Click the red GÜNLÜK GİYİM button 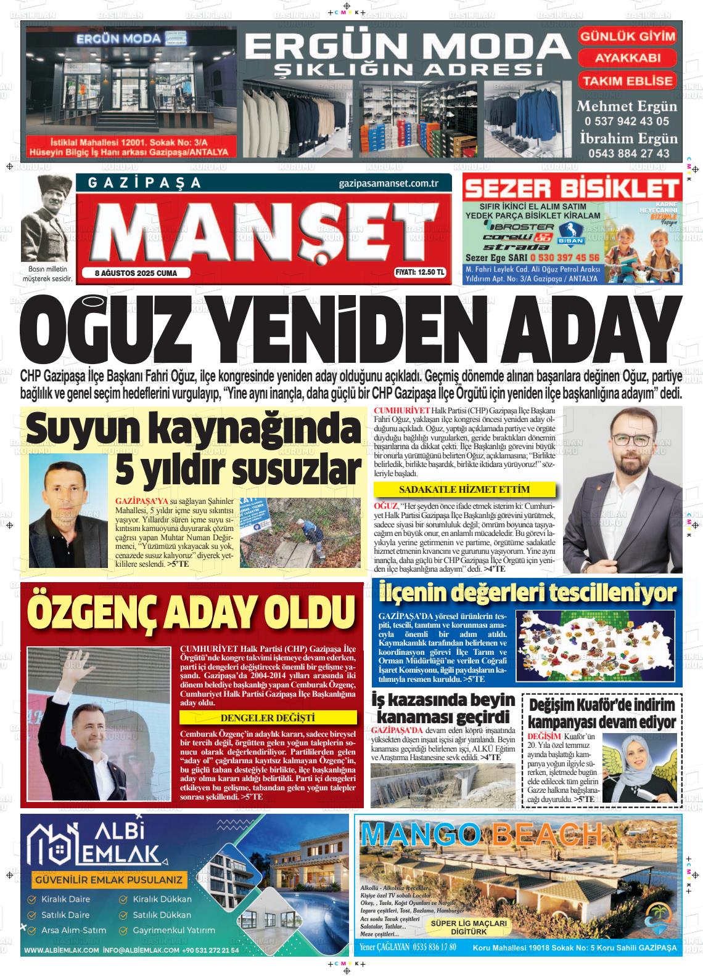click(x=627, y=36)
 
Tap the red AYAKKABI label click(x=627, y=59)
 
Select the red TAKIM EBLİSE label click(x=627, y=81)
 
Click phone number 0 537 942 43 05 click(x=627, y=121)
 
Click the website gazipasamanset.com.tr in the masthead click(x=388, y=183)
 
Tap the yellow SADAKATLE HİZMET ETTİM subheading click(x=465, y=490)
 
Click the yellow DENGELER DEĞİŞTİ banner click(x=268, y=718)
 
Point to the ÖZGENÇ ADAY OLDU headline click(x=190, y=609)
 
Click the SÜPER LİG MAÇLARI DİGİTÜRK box click(x=470, y=927)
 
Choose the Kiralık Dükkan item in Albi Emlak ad click(x=162, y=899)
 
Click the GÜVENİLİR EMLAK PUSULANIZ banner click(x=109, y=880)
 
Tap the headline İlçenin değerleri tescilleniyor click(x=527, y=593)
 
